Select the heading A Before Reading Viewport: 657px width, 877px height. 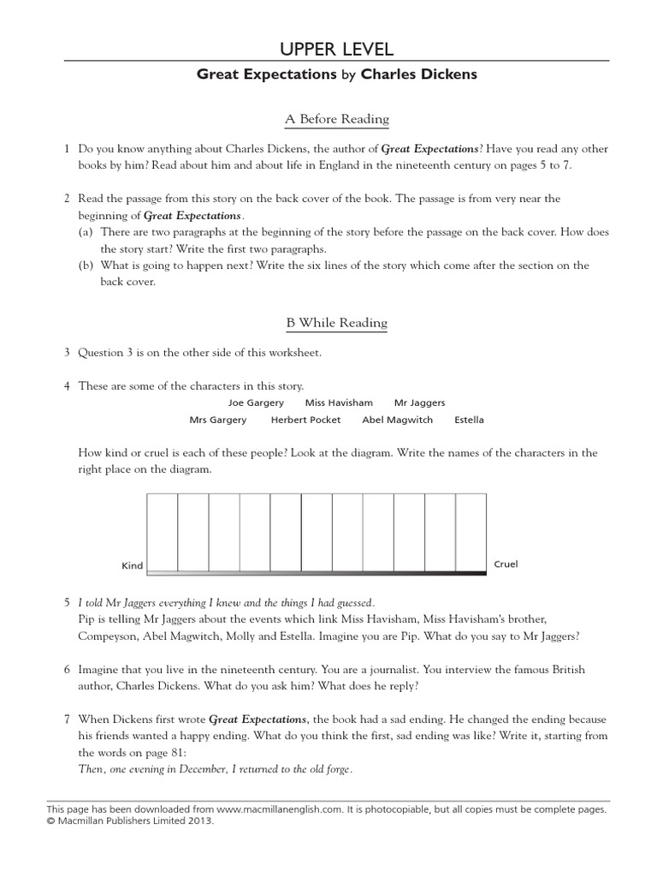pyautogui.click(x=336, y=119)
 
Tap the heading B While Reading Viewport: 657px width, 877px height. pyautogui.click(x=336, y=323)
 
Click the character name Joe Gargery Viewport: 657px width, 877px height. pyautogui.click(x=256, y=403)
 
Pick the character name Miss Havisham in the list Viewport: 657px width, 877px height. pyautogui.click(x=339, y=403)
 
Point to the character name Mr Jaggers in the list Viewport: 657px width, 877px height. pyautogui.click(x=419, y=403)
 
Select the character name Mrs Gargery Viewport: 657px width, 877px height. pyautogui.click(x=217, y=420)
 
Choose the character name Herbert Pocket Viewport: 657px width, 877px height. pyautogui.click(x=305, y=420)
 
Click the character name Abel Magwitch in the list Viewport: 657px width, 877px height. pyautogui.click(x=397, y=420)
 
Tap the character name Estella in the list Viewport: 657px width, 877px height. pyautogui.click(x=469, y=420)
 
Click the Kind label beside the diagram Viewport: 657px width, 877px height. pyautogui.click(x=132, y=566)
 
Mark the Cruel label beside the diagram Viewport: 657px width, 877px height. pyautogui.click(x=506, y=564)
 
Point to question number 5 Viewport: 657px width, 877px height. pyautogui.click(x=67, y=602)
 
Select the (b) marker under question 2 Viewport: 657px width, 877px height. pyautogui.click(x=84, y=265)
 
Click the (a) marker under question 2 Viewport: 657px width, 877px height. pyautogui.click(x=84, y=232)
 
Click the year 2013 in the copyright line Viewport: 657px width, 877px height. pyautogui.click(x=198, y=820)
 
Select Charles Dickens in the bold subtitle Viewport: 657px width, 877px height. pyautogui.click(x=418, y=75)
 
